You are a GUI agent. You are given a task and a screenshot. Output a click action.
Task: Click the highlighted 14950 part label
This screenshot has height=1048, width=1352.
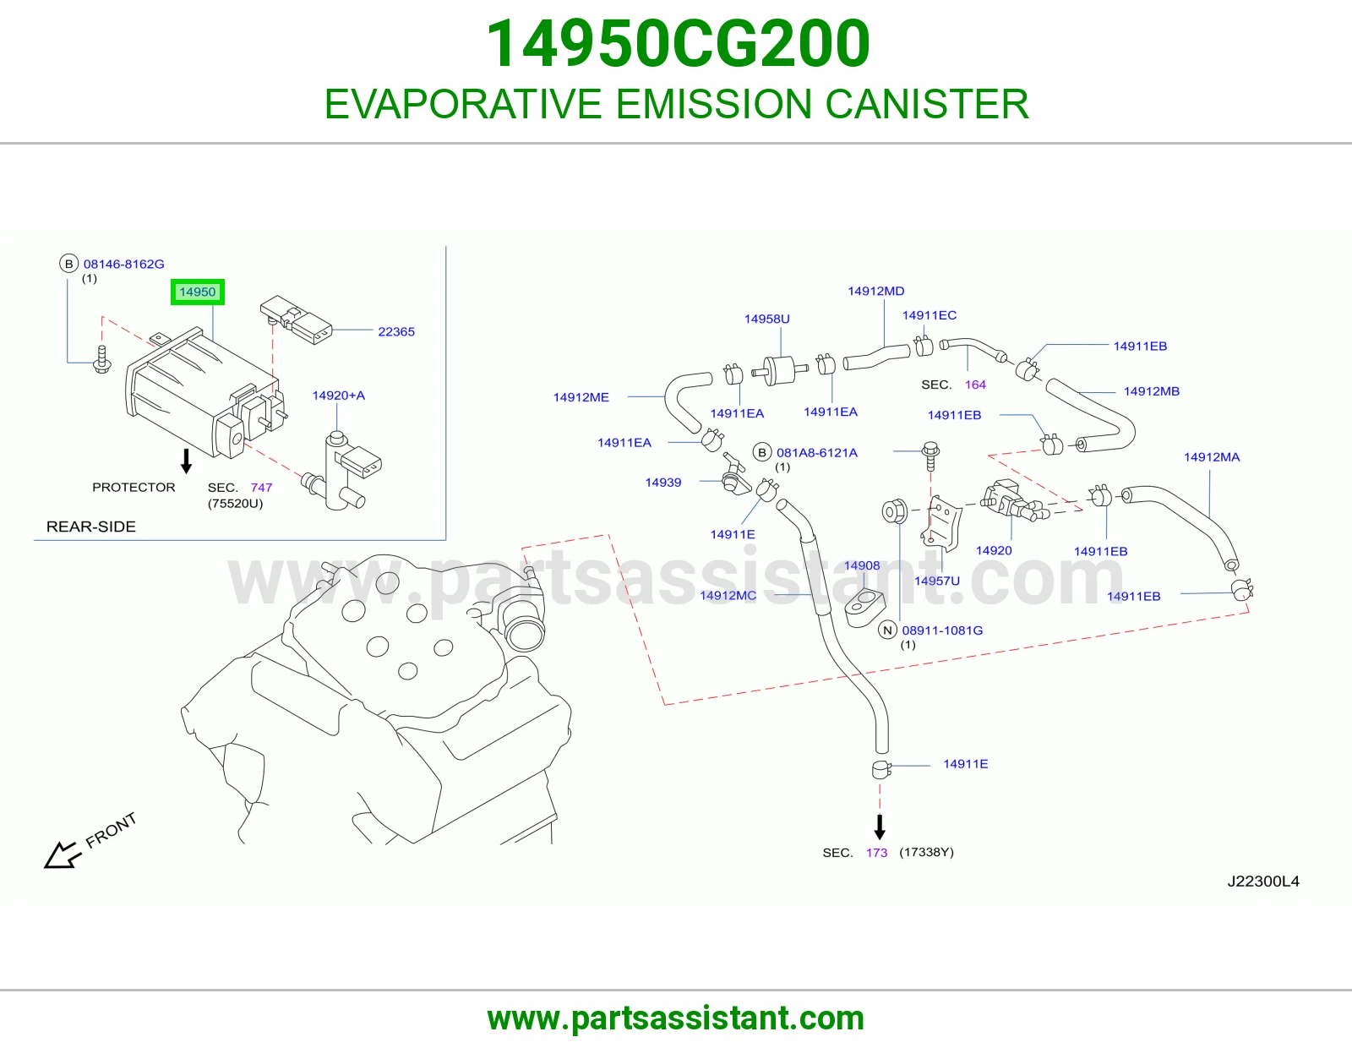pos(197,292)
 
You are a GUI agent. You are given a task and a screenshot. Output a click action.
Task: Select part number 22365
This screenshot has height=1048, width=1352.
pos(396,331)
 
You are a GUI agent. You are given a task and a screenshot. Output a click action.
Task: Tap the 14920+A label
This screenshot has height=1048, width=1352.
pos(339,396)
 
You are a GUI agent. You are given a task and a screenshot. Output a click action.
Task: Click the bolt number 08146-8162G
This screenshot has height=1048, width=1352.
pos(124,264)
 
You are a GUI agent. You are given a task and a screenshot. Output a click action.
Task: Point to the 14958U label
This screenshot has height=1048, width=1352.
pos(766,319)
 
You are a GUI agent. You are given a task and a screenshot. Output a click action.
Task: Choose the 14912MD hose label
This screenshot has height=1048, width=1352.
pos(876,291)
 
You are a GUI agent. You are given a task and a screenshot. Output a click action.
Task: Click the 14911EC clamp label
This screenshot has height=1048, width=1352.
pos(929,315)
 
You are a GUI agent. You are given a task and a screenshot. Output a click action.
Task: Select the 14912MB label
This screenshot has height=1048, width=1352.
pos(1151,390)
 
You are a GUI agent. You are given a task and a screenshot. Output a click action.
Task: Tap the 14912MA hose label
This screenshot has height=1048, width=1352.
pos(1212,456)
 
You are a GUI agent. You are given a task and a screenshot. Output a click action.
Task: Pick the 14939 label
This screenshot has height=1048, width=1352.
pos(663,483)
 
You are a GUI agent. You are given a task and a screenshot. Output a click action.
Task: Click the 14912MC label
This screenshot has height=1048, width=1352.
pos(728,595)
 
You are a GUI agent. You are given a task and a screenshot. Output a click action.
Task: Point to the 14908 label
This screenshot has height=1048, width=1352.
pos(862,565)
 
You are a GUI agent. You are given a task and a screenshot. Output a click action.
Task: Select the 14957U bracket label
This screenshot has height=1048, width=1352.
pos(936,581)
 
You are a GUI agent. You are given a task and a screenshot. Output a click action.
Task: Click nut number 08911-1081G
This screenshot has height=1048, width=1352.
pos(942,630)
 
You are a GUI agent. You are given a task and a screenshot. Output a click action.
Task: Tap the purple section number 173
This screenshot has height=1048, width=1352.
pos(876,853)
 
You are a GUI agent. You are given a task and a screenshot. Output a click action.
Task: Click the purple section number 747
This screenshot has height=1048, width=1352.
pos(261,488)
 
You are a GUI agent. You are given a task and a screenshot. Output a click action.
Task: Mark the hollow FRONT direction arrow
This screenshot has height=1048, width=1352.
pos(63,855)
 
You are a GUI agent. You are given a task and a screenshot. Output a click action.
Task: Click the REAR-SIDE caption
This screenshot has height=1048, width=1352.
pos(91,527)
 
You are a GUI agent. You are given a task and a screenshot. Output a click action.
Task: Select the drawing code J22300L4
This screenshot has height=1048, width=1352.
pos(1263,882)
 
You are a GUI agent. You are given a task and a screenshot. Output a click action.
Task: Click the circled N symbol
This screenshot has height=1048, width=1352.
pos(887,630)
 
